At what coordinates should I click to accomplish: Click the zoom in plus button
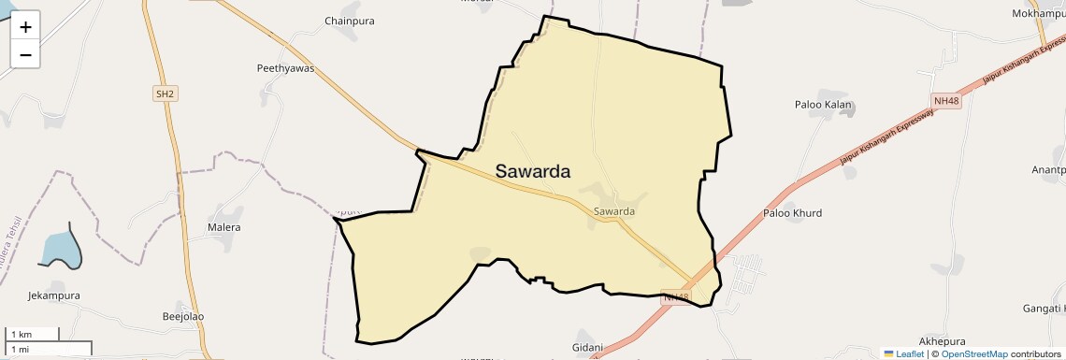pyautogui.click(x=25, y=27)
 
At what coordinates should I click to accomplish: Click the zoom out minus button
pyautogui.click(x=25, y=54)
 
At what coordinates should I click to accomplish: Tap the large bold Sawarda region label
pyautogui.click(x=532, y=171)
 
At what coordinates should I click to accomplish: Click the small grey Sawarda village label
pyautogui.click(x=613, y=211)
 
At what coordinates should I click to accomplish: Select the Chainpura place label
pyautogui.click(x=349, y=21)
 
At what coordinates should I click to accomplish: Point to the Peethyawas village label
pyautogui.click(x=285, y=68)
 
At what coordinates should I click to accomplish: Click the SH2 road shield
pyautogui.click(x=165, y=94)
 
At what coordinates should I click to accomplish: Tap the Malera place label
pyautogui.click(x=223, y=227)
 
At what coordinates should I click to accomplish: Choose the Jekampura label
pyautogui.click(x=53, y=295)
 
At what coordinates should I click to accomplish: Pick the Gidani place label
pyautogui.click(x=588, y=347)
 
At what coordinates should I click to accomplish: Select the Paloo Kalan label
pyautogui.click(x=822, y=105)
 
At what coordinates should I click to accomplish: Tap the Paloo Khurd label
pyautogui.click(x=792, y=213)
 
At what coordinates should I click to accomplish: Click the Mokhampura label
pyautogui.click(x=1038, y=14)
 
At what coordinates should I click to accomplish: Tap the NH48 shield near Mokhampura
pyautogui.click(x=946, y=101)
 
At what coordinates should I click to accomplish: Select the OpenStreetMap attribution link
pyautogui.click(x=973, y=354)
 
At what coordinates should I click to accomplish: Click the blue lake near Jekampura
pyautogui.click(x=59, y=249)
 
